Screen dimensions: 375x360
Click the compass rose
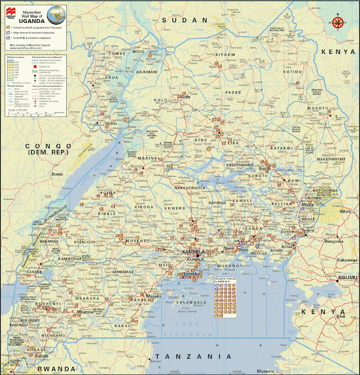click(338, 22)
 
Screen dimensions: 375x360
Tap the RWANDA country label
click(56, 369)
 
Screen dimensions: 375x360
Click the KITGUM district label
click(209, 55)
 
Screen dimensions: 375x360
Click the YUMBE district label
click(114, 53)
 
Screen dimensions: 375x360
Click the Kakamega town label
click(347, 260)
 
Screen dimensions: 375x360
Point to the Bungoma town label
click(334, 241)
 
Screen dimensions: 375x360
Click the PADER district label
click(233, 92)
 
